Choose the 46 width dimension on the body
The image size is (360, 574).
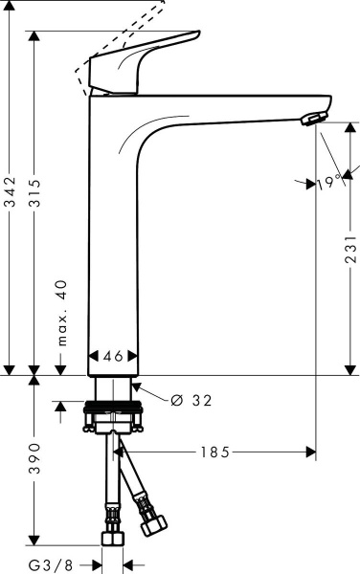[113, 356]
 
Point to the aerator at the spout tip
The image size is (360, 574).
[311, 118]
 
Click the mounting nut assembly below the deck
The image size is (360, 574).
[114, 417]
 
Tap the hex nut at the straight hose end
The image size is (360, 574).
[113, 536]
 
